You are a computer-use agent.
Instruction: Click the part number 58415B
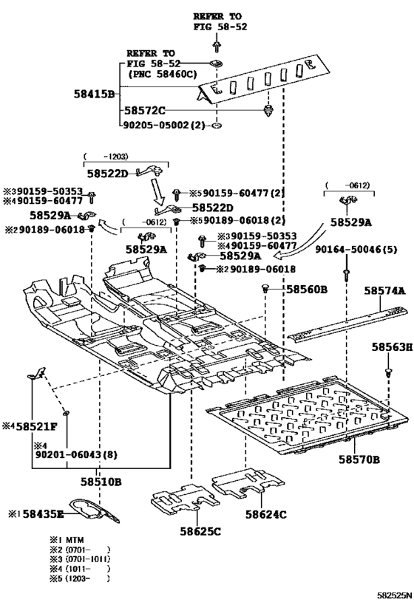pos(94,95)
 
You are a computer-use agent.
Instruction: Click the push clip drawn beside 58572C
pos(216,112)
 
